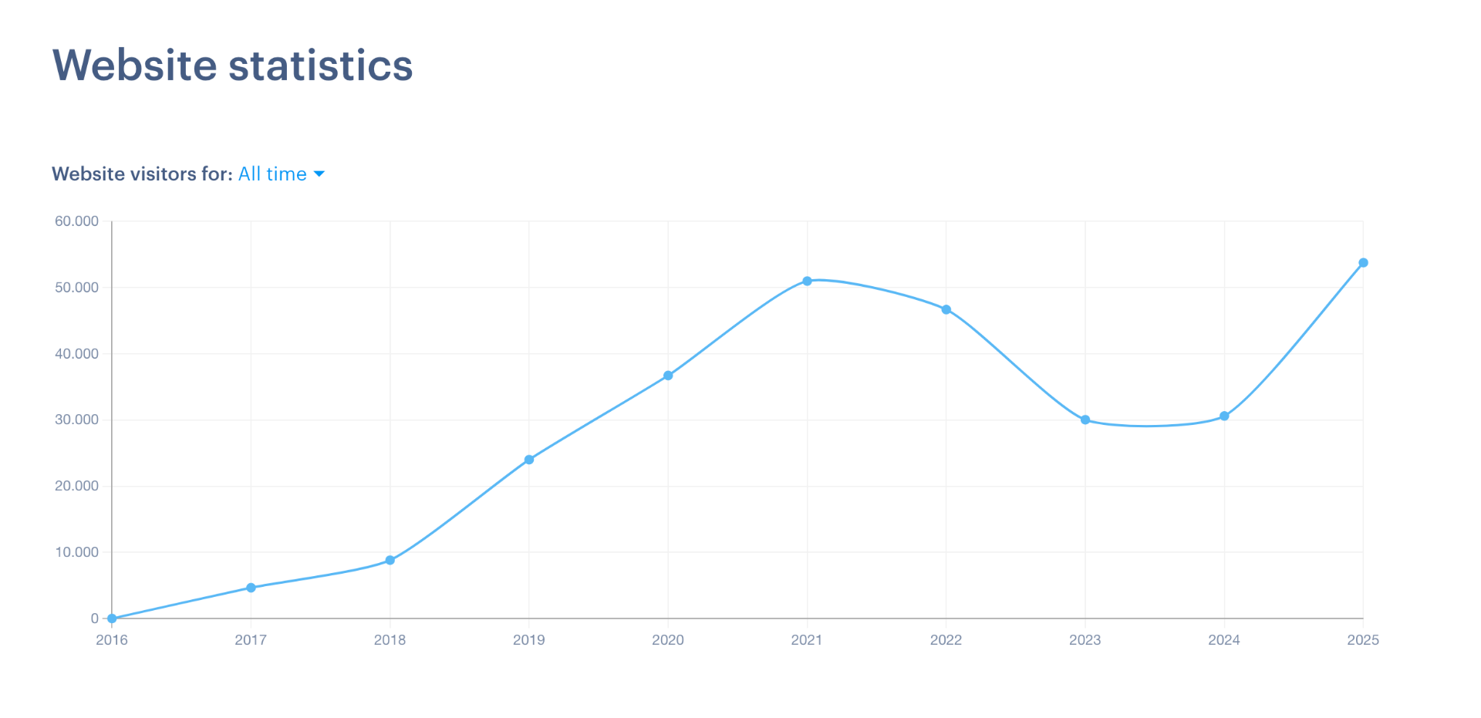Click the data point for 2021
point(807,281)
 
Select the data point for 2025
point(1363,263)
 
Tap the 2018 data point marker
point(390,561)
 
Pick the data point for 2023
point(1085,420)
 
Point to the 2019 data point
point(529,460)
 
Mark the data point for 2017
point(251,588)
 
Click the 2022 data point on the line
point(946,310)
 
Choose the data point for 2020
point(668,376)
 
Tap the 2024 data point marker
point(1224,416)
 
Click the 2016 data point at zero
point(112,619)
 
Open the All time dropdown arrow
point(319,174)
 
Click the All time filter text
point(272,174)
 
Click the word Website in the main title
point(135,66)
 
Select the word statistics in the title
point(321,66)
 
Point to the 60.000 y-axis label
point(76,221)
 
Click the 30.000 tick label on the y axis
point(76,420)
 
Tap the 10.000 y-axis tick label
point(76,552)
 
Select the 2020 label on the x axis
point(668,640)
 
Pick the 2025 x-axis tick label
point(1363,640)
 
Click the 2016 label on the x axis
point(112,640)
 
